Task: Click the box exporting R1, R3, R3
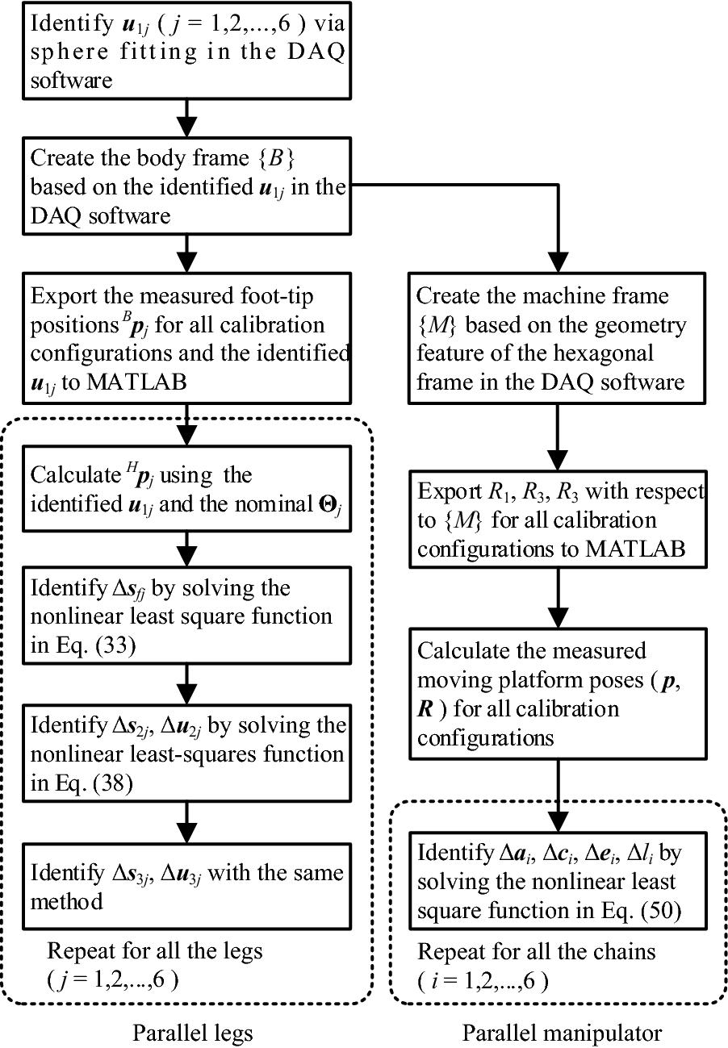[x=558, y=520]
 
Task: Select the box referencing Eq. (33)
[x=186, y=616]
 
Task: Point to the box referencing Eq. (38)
[x=186, y=754]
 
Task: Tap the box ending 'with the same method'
[x=186, y=885]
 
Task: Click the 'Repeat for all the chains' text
[x=537, y=951]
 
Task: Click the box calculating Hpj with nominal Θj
[x=186, y=490]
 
